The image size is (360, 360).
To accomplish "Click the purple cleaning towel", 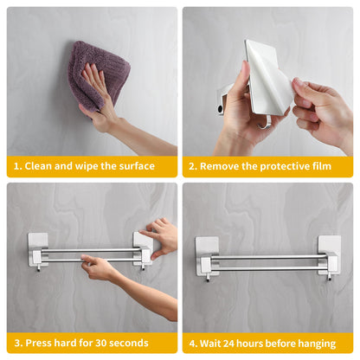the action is pos(97,72).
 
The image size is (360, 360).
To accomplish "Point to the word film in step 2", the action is pos(322,166).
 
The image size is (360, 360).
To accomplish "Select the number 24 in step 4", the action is pos(228,344).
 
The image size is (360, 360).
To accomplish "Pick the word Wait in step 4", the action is pos(210,344).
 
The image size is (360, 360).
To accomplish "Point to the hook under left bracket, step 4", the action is pos(208,278).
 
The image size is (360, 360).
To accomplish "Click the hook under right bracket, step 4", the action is pos(329,277).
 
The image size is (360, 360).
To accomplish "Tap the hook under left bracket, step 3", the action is pos(38,269).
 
